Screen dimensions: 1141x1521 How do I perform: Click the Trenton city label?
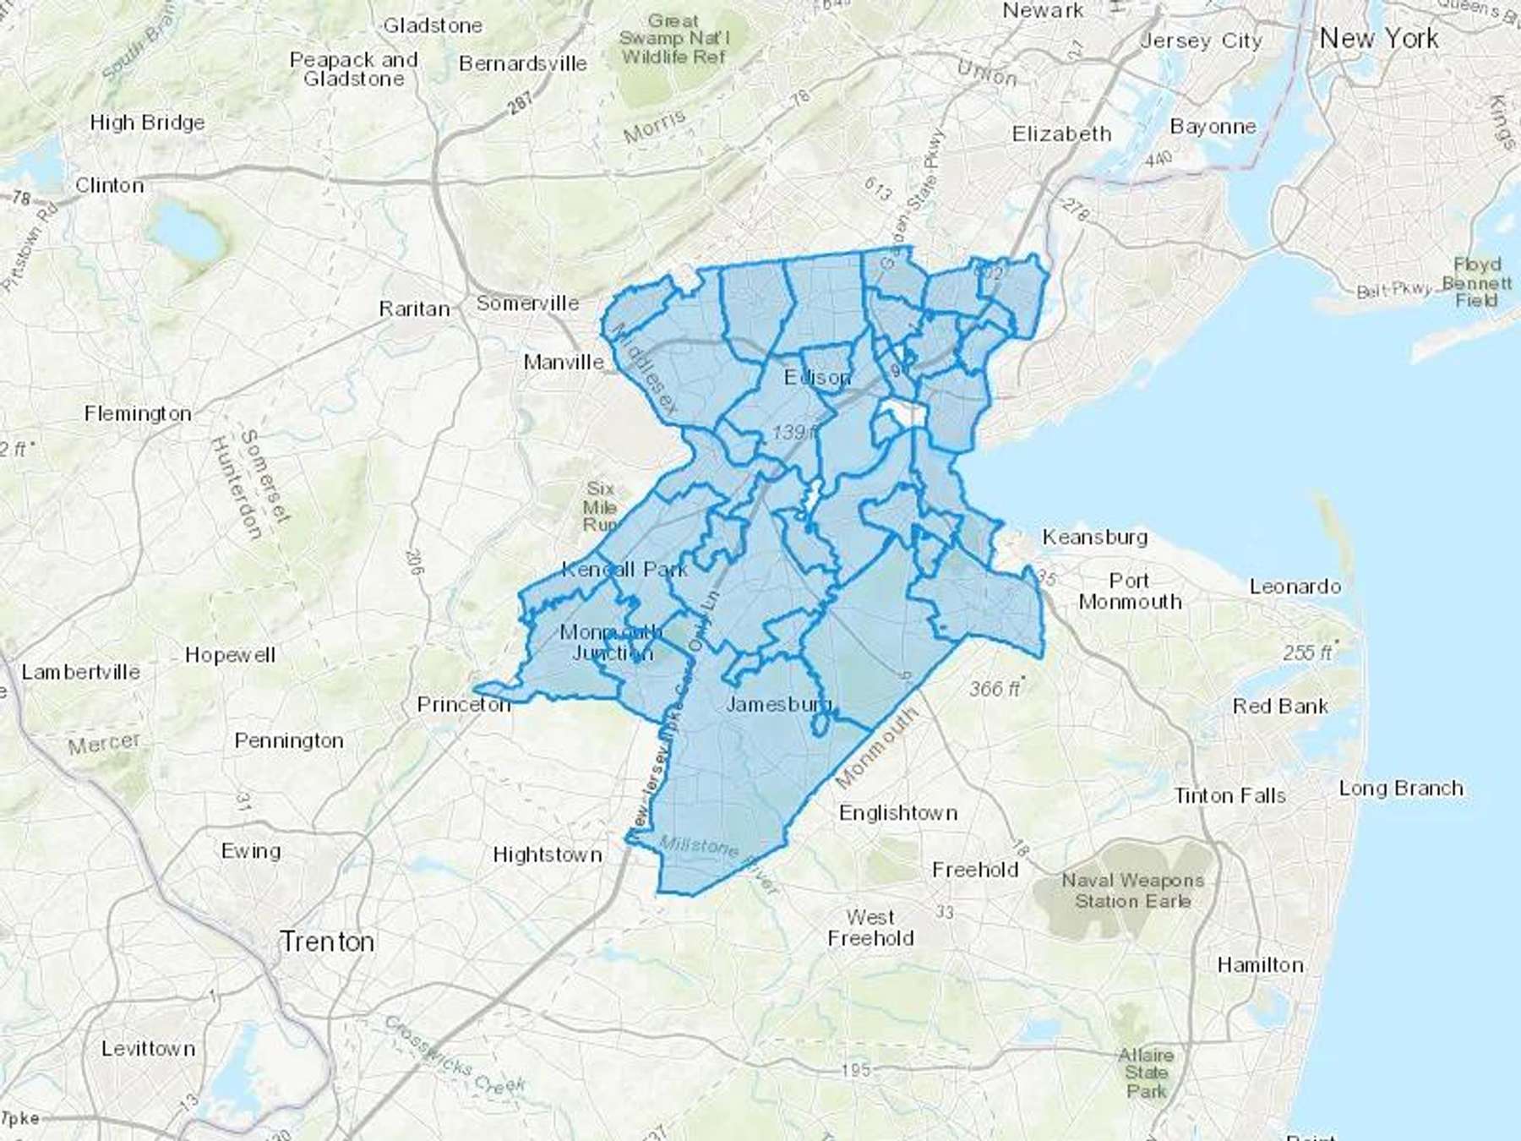click(x=327, y=941)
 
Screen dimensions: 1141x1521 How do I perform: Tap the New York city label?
click(x=1378, y=39)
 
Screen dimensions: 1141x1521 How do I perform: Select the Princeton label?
click(x=464, y=704)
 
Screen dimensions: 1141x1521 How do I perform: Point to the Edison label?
click(x=817, y=377)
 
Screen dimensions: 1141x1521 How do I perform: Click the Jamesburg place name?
click(x=778, y=703)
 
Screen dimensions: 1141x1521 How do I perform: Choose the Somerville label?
click(x=527, y=303)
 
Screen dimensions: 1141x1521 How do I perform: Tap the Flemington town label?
click(x=138, y=413)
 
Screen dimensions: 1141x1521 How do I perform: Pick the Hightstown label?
click(x=548, y=854)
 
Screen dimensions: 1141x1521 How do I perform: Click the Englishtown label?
click(x=898, y=813)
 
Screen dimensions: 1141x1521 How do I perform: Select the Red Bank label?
click(x=1280, y=706)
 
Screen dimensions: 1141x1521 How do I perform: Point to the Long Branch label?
click(x=1401, y=788)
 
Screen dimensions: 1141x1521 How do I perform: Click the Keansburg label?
click(x=1094, y=537)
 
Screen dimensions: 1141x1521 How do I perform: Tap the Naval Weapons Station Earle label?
click(x=1132, y=891)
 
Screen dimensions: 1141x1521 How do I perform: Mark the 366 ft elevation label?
click(x=995, y=689)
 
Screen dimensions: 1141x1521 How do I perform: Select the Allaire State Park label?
click(x=1146, y=1073)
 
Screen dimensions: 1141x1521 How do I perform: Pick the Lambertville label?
click(x=81, y=672)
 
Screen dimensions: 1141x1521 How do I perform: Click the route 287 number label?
click(x=521, y=103)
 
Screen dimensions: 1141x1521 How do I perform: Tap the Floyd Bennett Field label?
click(x=1477, y=282)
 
